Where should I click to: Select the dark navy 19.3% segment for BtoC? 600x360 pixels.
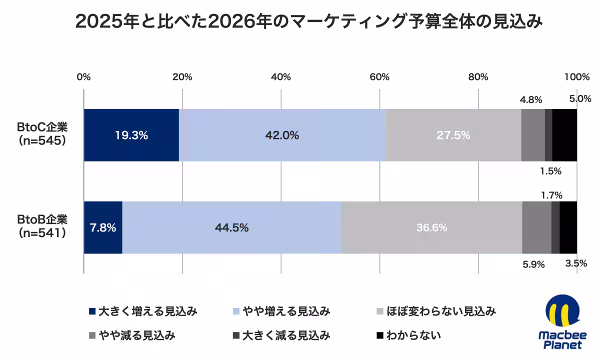point(131,135)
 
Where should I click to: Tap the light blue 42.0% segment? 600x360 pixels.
point(282,135)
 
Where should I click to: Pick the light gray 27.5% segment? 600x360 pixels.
point(453,135)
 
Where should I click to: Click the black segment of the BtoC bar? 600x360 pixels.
point(564,135)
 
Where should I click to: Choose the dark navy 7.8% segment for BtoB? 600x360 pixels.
point(103,227)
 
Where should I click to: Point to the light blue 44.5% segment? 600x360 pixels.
point(231,227)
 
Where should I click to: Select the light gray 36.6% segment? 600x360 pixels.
point(431,227)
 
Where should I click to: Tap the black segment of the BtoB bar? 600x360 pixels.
point(568,227)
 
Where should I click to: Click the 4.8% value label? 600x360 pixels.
point(531,99)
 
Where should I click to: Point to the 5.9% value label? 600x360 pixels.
point(533,264)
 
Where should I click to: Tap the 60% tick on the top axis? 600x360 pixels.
point(379,77)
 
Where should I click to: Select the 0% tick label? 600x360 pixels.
point(83,77)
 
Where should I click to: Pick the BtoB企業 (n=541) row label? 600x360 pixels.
point(42,226)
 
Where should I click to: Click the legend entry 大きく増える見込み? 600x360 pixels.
point(143,311)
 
